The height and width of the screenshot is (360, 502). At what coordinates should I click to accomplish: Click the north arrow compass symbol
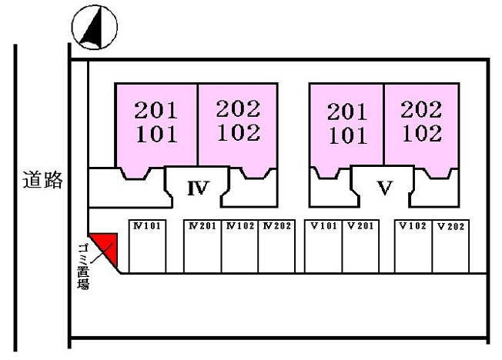[95, 27]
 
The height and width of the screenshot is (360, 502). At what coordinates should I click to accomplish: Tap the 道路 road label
[42, 180]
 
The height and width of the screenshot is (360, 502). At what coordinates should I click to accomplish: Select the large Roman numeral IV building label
[199, 188]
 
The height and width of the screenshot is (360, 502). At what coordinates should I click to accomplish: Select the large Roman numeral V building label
[385, 188]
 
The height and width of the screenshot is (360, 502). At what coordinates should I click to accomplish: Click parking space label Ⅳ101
[146, 226]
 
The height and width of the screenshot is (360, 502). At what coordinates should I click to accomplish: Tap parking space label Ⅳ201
[202, 226]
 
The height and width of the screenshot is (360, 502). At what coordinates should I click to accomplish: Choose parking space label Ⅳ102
[240, 226]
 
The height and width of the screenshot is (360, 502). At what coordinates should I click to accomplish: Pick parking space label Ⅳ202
[277, 226]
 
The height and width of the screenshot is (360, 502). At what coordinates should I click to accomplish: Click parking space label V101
[324, 226]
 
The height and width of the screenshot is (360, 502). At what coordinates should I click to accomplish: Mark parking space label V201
[361, 226]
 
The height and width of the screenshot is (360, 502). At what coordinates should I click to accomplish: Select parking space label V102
[413, 226]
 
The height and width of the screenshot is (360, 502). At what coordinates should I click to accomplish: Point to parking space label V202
[450, 227]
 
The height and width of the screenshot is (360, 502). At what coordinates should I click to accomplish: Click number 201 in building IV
[156, 111]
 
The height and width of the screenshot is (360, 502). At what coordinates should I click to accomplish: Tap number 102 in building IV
[239, 132]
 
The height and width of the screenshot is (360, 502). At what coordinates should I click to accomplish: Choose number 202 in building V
[421, 109]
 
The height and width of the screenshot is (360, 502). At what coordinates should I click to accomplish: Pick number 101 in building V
[348, 135]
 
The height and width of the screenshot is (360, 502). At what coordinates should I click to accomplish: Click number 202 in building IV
[238, 108]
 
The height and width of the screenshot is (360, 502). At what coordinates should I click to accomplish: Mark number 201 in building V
[347, 112]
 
